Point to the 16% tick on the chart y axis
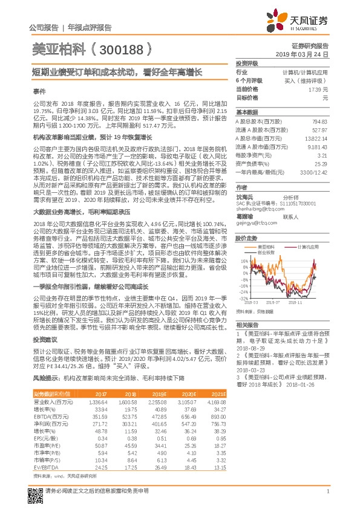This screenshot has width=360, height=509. [243, 261]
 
